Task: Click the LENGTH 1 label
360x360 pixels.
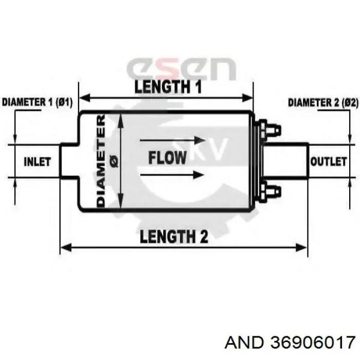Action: [x=168, y=87]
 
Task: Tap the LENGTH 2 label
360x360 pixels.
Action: [x=174, y=236]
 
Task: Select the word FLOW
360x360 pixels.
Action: [x=167, y=158]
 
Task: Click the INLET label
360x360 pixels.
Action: [x=37, y=161]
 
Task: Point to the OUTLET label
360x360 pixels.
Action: [x=328, y=161]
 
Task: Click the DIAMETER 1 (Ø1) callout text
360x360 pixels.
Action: [x=37, y=102]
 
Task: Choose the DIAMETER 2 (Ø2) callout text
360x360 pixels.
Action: [x=323, y=103]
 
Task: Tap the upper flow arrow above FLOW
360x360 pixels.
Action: [x=172, y=140]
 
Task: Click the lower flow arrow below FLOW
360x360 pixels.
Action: [x=172, y=175]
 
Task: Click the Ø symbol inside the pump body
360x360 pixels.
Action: [x=114, y=160]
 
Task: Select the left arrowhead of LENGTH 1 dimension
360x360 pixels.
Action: [x=84, y=98]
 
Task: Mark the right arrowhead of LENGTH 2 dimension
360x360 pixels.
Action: [x=302, y=248]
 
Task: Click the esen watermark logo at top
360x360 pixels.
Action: [x=181, y=68]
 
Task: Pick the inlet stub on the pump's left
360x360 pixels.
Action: [x=69, y=161]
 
